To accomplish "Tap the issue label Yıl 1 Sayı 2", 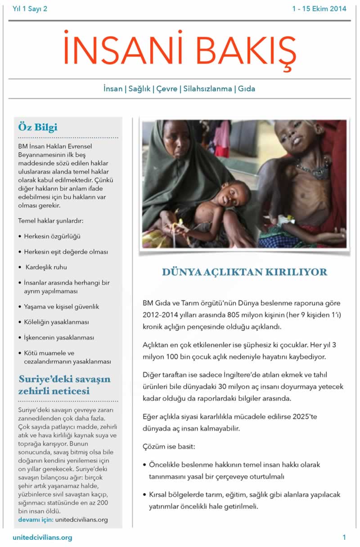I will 30,9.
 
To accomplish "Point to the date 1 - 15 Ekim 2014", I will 319,9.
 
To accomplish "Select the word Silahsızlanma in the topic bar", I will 207,89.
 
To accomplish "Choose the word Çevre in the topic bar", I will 166,89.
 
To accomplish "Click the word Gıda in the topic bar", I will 247,89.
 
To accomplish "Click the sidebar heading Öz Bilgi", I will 38,127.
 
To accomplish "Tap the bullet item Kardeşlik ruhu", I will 46,267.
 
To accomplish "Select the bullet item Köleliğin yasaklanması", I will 56,322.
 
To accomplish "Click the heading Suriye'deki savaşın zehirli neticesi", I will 64,385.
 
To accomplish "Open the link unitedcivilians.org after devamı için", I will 81,520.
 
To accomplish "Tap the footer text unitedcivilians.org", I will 43,538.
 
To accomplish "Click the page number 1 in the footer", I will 344,537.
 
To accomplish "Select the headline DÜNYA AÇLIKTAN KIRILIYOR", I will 244,272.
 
